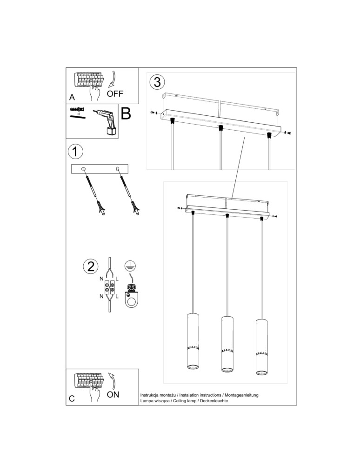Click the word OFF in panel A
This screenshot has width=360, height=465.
(115, 93)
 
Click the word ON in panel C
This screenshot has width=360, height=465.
(113, 395)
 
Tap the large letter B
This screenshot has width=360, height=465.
(126, 114)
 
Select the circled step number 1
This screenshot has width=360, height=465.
(75, 152)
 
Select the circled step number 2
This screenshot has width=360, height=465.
(90, 266)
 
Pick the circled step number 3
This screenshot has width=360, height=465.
(157, 82)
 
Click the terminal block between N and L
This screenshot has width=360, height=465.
(110, 286)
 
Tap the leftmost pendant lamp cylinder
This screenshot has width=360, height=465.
(192, 342)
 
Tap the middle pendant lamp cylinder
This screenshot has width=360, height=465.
(227, 345)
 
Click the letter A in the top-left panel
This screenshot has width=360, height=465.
(72, 98)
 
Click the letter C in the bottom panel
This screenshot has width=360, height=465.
(72, 399)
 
